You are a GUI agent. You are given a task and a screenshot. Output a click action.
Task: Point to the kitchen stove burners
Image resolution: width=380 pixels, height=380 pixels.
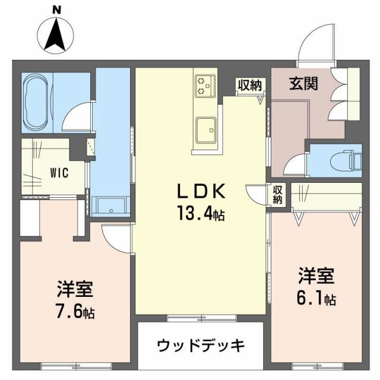[205, 85]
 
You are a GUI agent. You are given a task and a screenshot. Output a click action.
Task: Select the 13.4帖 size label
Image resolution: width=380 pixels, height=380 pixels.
[199, 213]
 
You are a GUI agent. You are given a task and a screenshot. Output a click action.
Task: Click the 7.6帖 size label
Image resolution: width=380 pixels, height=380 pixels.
[74, 311]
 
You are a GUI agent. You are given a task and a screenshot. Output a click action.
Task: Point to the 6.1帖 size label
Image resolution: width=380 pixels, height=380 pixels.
[316, 299]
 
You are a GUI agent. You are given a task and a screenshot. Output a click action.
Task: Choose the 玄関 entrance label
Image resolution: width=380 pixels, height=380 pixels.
[303, 84]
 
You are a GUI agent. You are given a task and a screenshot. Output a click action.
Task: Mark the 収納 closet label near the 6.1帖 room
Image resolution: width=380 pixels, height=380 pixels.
[278, 194]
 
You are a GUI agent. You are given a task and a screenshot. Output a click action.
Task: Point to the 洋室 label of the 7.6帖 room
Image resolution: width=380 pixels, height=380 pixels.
[74, 291]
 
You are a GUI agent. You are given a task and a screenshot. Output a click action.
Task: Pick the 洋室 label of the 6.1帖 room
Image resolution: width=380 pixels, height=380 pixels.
[316, 277]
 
